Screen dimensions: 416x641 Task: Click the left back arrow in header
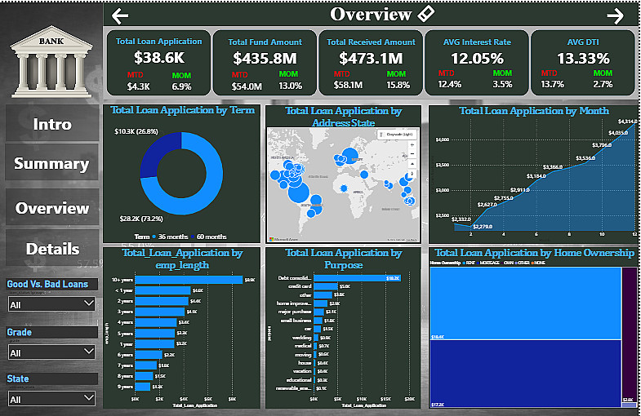click(120, 15)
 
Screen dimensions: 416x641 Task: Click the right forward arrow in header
click(616, 15)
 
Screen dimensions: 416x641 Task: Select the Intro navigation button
click(51, 124)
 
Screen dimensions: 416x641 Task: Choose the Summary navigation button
click(51, 164)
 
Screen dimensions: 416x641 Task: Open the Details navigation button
click(51, 249)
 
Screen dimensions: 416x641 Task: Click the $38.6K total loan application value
click(158, 59)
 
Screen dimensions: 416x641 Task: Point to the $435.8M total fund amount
click(265, 59)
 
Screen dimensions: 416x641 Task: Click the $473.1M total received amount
click(371, 59)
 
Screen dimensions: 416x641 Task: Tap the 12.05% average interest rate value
click(477, 59)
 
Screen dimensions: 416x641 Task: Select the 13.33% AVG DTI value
click(583, 59)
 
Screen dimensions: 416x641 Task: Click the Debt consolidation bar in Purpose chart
click(351, 278)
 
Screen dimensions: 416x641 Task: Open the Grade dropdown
click(51, 352)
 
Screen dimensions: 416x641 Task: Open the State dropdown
click(51, 399)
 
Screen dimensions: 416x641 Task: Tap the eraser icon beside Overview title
click(426, 14)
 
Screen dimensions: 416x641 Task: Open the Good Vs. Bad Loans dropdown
click(51, 303)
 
